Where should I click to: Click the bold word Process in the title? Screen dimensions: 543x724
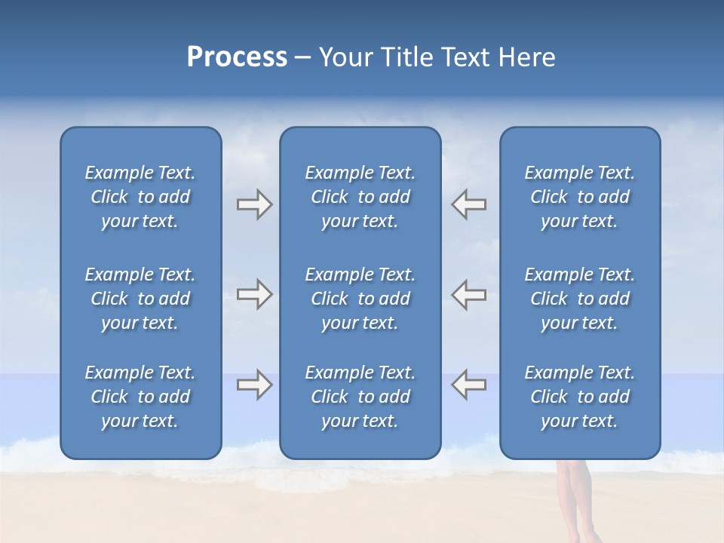tap(237, 57)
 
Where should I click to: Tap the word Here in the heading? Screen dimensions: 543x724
tap(526, 57)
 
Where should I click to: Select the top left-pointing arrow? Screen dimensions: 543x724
tap(468, 204)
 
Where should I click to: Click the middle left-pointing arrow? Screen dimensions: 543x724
tap(468, 295)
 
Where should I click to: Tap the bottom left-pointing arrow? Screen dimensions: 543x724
tap(468, 385)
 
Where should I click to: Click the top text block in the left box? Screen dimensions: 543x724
tap(140, 197)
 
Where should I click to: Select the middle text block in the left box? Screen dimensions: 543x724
tap(140, 299)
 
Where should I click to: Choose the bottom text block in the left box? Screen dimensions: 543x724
tap(140, 397)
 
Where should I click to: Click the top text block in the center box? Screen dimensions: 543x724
tap(360, 197)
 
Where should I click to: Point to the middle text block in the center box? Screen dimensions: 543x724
tap(360, 299)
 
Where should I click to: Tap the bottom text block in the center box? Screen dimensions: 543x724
tap(360, 397)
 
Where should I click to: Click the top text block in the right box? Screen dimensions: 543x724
tap(579, 197)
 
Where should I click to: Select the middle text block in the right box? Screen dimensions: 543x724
tap(579, 299)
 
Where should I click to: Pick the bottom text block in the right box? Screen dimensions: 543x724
tap(579, 397)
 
